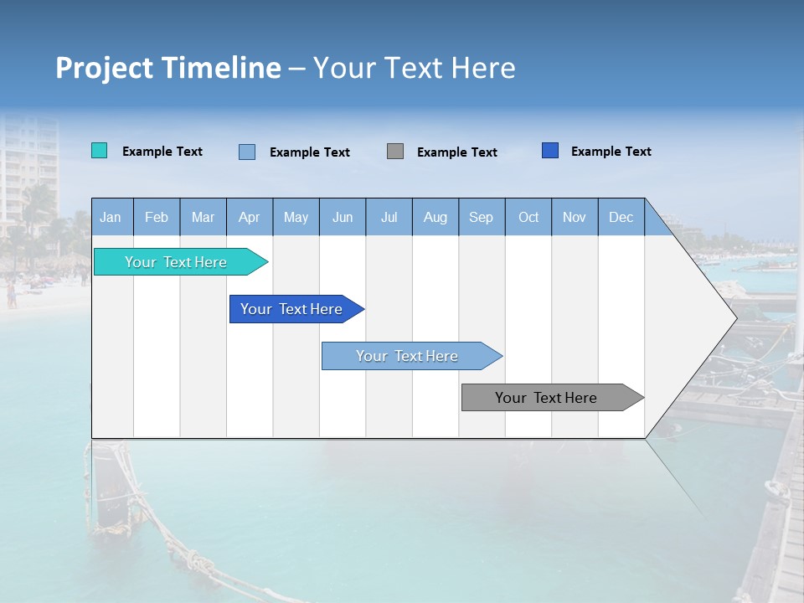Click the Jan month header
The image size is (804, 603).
[111, 217]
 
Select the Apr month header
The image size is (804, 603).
[249, 217]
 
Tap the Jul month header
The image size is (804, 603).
[389, 217]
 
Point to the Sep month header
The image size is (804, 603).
[481, 217]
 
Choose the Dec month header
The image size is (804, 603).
[621, 217]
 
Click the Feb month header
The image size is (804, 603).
[157, 217]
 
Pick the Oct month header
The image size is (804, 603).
[528, 217]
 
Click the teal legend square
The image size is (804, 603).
[100, 151]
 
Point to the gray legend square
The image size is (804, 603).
[395, 152]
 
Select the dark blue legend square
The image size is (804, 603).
[550, 151]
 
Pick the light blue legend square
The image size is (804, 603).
[247, 152]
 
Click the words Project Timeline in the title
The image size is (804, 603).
[168, 68]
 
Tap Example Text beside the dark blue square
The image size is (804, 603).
[611, 152]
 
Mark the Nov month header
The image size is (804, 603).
[575, 217]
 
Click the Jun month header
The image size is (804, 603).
[343, 217]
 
